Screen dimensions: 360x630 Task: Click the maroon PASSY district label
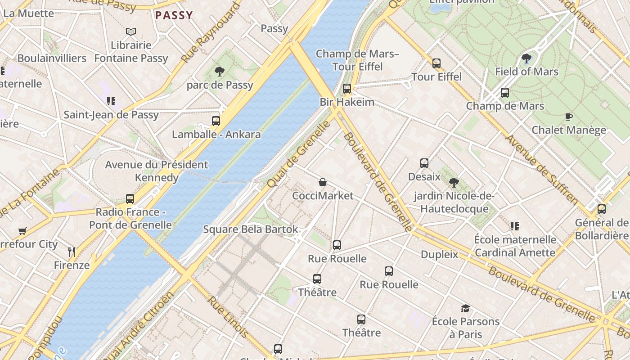coord(174,15)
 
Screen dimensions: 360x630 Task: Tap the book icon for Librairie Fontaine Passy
coord(131,31)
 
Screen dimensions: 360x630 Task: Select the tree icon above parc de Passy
coord(220,71)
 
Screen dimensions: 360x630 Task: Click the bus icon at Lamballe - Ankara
coord(216,121)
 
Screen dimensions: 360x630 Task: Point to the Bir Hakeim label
coord(347,102)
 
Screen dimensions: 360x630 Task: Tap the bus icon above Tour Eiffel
coord(436,63)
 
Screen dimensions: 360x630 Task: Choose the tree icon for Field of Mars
coord(526,58)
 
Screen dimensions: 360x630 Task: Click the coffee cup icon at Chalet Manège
coord(568,117)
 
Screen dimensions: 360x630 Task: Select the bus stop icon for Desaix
coord(424,163)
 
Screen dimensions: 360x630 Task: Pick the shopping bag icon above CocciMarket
coord(322,182)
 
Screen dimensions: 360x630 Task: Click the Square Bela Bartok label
coord(250,229)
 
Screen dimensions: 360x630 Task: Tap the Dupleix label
coord(439,255)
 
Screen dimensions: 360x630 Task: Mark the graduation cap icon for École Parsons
coord(465,308)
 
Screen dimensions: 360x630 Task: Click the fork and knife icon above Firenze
coord(72,252)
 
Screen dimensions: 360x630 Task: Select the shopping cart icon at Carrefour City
coord(22,231)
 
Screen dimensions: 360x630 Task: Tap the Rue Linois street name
coord(227,317)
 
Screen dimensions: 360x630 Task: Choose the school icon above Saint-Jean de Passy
coord(111,101)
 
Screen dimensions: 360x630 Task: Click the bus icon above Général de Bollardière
coord(601,209)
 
